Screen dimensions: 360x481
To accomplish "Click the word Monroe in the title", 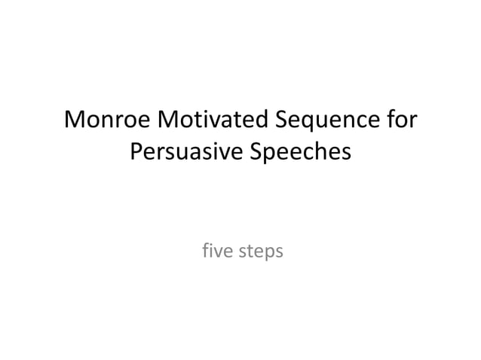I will click(x=107, y=121).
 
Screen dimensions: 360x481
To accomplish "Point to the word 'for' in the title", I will click(x=400, y=121).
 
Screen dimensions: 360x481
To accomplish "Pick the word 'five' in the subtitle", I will click(x=216, y=252).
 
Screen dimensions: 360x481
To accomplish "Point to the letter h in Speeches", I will click(x=327, y=152).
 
